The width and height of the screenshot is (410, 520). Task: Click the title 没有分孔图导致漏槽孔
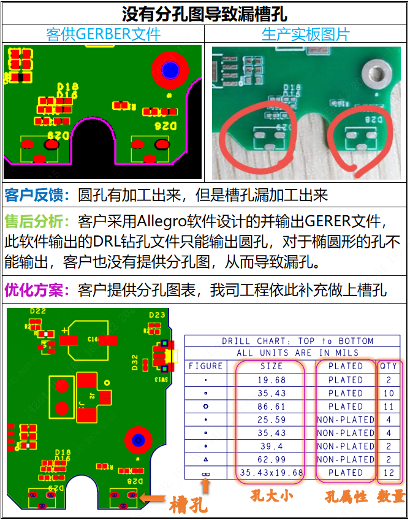(x=205, y=13)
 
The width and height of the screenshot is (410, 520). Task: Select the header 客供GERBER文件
(x=103, y=34)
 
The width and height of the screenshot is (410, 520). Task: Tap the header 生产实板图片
(x=305, y=34)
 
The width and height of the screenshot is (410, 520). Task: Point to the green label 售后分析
(x=37, y=221)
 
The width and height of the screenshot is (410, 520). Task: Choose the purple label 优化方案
(x=37, y=289)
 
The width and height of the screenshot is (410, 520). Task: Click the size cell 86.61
(x=271, y=407)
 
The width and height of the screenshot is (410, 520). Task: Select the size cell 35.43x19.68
(x=271, y=473)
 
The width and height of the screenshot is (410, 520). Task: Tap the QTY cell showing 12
(x=389, y=473)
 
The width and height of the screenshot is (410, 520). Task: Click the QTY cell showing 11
(x=389, y=407)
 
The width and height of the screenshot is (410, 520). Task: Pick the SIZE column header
(x=271, y=366)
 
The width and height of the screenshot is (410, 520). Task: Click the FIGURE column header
(x=206, y=366)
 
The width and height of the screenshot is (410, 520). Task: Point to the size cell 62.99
(x=271, y=459)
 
